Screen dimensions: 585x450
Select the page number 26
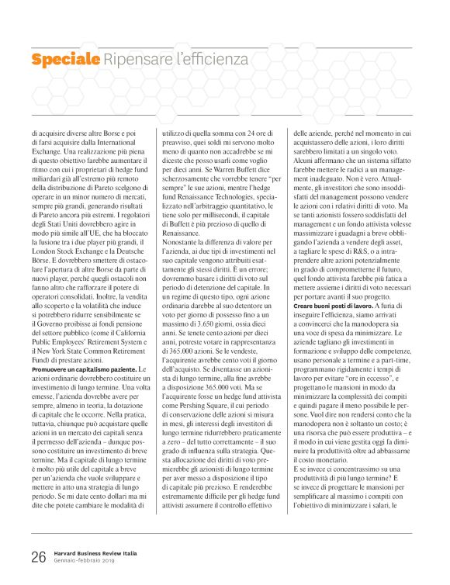pos(39,557)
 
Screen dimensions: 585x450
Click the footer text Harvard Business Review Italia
pos(96,553)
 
